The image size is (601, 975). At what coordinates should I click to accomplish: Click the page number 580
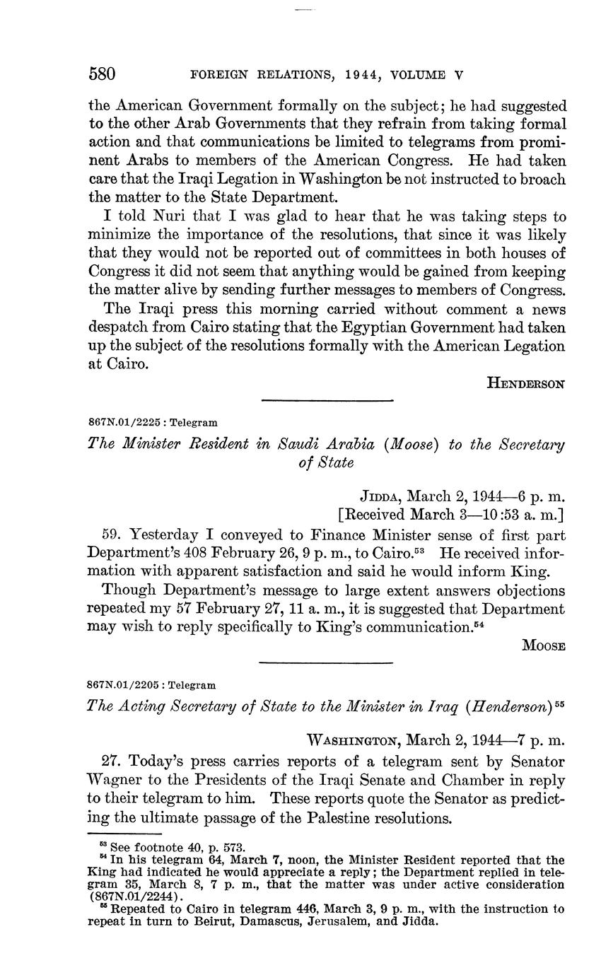[103, 74]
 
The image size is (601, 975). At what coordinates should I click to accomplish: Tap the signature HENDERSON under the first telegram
[526, 383]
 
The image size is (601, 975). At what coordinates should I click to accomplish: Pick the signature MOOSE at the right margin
[543, 645]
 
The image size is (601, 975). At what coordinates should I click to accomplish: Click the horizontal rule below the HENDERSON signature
[327, 401]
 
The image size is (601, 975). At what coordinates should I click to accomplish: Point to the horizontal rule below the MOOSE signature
[327, 663]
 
